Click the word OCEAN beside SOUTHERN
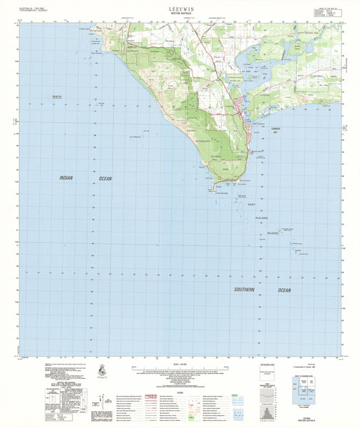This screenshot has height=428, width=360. (x=284, y=290)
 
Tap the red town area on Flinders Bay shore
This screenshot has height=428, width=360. (x=240, y=107)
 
